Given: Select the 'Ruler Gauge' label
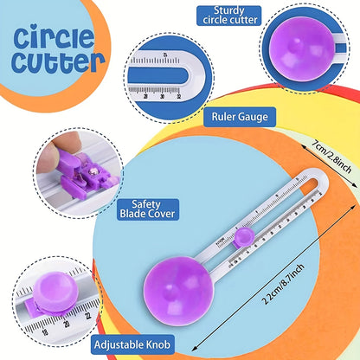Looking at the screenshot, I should click(239, 115).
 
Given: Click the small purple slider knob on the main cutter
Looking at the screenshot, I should click(246, 235).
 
